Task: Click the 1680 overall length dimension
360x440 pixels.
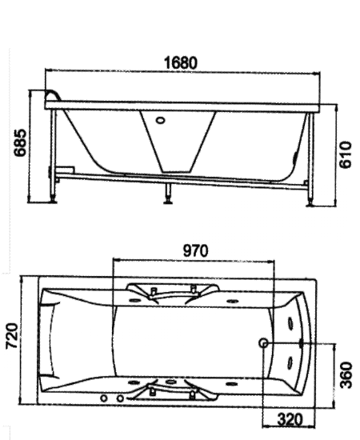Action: point(181,63)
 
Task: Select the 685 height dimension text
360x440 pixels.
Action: point(21,142)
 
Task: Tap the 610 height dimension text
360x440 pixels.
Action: point(346,155)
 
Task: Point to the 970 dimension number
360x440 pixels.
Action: point(195,250)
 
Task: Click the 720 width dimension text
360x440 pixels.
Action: point(13,336)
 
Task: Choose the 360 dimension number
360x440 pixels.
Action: point(346,375)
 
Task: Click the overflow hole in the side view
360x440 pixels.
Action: point(160,121)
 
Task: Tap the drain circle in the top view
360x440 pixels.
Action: point(264,342)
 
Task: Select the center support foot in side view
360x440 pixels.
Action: point(168,193)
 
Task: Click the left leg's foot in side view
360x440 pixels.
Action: point(53,200)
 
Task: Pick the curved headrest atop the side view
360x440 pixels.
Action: point(53,95)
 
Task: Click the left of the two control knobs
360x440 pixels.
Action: point(104,398)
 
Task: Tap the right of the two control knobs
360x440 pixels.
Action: point(120,398)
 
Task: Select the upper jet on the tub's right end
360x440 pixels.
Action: point(290,323)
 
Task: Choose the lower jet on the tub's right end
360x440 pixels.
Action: point(290,362)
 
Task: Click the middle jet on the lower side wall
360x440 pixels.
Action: point(170,382)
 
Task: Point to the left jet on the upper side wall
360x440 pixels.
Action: point(134,301)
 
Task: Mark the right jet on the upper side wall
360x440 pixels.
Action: point(232,301)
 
